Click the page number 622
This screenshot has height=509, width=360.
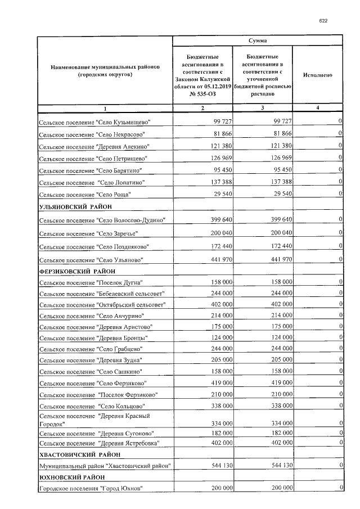pyautogui.click(x=323, y=21)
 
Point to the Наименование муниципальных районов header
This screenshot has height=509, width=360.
pyautogui.click(x=105, y=70)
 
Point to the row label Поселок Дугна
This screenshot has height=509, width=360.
pyautogui.click(x=91, y=282)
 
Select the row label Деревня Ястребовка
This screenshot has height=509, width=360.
pyautogui.click(x=99, y=443)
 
